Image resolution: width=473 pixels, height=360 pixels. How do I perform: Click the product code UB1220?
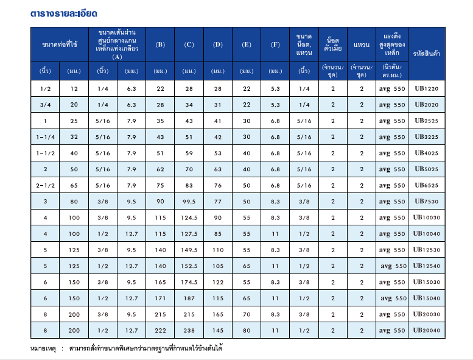tap(427, 89)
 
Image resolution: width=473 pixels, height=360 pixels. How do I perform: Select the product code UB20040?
tap(427, 330)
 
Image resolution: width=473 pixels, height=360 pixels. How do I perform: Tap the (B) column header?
tap(160, 44)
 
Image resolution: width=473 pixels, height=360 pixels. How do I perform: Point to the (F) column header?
tap(275, 44)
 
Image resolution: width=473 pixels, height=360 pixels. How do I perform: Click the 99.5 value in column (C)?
tap(189, 202)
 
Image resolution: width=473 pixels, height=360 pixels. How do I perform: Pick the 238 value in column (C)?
tap(189, 330)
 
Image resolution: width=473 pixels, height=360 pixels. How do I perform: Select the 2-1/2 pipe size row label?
tap(46, 185)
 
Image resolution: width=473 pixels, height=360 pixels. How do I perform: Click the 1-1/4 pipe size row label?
tap(46, 137)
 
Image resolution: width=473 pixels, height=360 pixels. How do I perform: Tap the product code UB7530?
tap(427, 202)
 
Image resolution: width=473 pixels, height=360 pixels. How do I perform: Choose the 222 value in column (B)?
tap(160, 330)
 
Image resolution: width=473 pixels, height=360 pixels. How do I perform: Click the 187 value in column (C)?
tap(189, 298)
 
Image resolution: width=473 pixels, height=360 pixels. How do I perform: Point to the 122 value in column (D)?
tap(217, 282)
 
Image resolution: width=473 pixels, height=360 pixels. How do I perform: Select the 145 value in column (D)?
tap(217, 330)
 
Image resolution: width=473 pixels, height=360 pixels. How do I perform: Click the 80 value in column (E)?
tap(246, 330)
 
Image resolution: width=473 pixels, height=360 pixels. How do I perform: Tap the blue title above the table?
tap(64, 13)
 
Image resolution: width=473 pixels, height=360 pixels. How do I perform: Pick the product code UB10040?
tap(427, 234)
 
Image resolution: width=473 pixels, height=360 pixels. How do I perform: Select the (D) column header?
tap(217, 44)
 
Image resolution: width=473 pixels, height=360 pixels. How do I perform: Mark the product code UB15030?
tap(427, 282)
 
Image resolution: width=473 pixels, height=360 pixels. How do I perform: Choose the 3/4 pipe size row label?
tap(46, 105)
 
